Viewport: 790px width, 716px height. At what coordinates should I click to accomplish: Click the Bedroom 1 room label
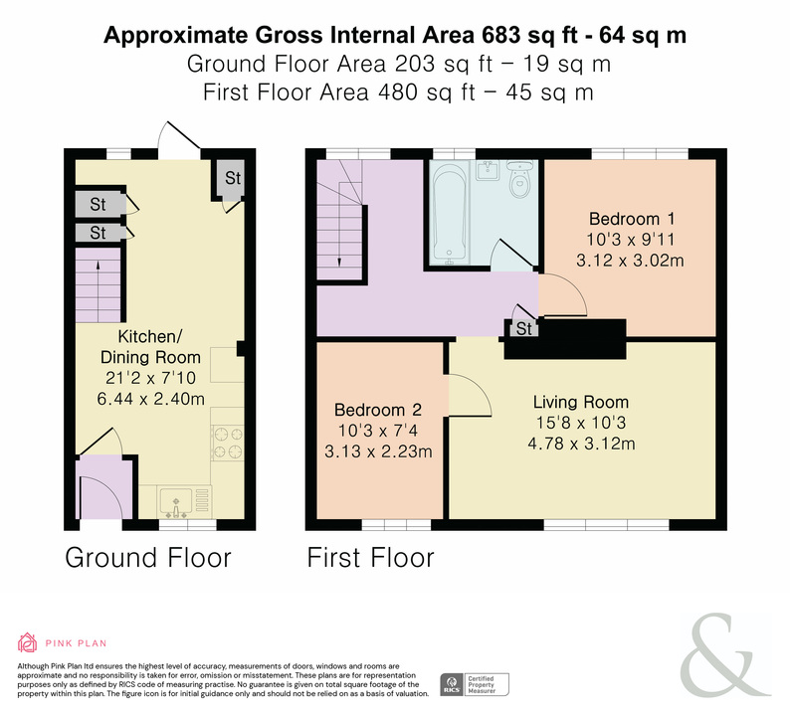point(631,219)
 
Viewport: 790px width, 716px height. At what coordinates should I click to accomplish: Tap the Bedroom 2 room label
point(378,410)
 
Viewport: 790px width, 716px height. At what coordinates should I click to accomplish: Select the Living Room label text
point(581,402)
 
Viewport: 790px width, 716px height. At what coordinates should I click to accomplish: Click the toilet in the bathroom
point(519,178)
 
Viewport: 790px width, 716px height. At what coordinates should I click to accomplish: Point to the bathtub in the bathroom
point(450,214)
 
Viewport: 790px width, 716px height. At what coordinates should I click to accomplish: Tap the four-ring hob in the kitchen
point(227,443)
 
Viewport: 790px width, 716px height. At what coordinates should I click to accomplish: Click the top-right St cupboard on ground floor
point(232,178)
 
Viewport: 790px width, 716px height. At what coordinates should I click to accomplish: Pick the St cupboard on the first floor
point(524,328)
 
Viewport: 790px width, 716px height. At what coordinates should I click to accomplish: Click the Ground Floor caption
point(148,558)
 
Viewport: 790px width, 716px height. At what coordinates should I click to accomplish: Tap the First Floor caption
point(370,558)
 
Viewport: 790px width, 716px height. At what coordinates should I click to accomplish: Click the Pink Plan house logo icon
point(27,642)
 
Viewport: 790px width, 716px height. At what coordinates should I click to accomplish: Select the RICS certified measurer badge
point(475,685)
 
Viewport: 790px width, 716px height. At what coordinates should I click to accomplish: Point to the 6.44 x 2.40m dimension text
point(150,399)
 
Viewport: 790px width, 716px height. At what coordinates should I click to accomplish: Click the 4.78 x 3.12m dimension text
point(581,444)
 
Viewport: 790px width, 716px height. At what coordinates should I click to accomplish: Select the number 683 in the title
point(500,35)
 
